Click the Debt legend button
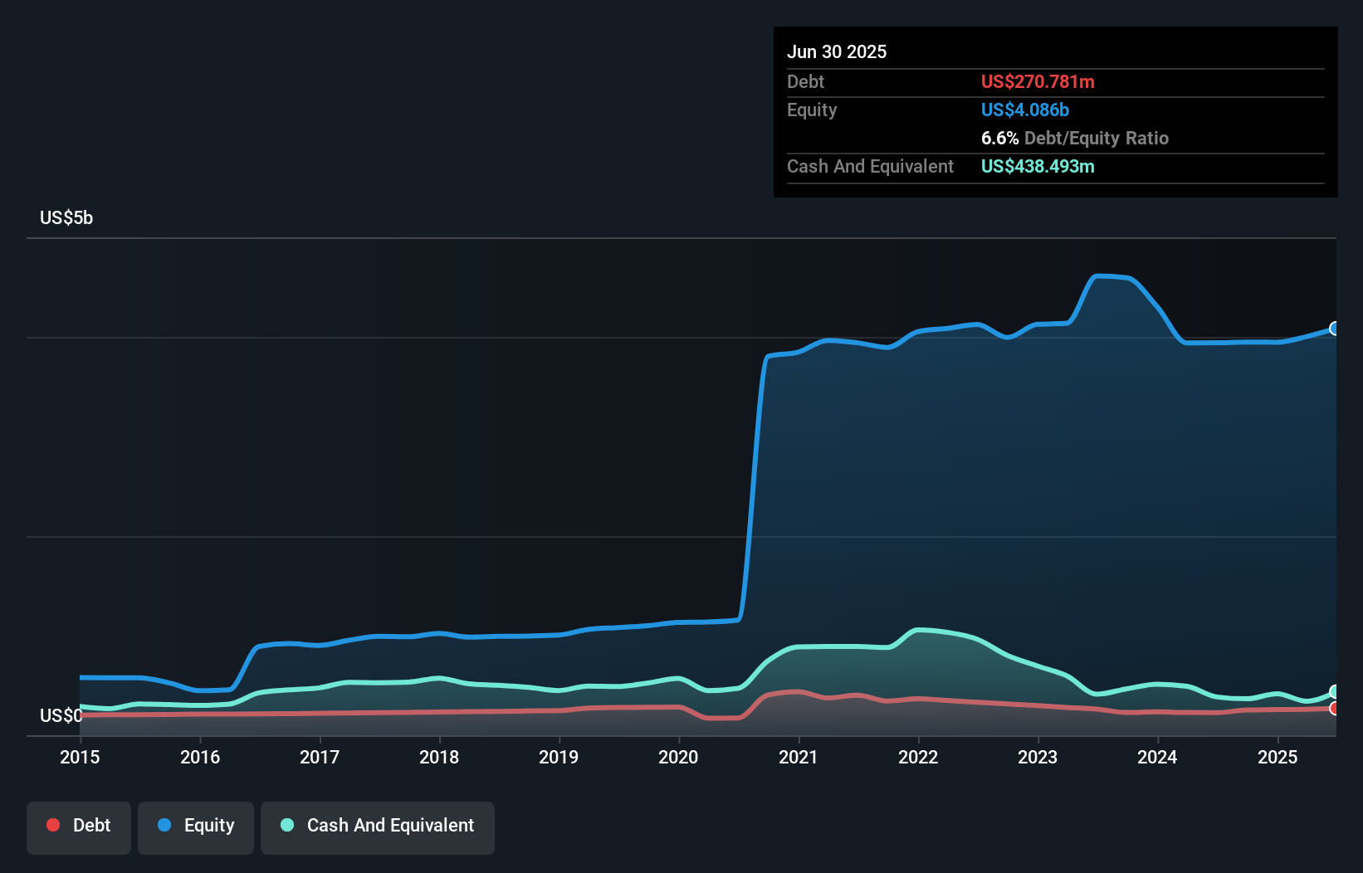pos(79,827)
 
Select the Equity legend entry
pos(196,827)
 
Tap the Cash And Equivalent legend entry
pos(378,827)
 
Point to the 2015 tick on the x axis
pos(80,757)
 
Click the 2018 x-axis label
pos(439,757)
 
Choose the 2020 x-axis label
pos(678,757)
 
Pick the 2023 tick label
pos(1038,757)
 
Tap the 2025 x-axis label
pos(1278,757)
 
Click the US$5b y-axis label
pos(66,217)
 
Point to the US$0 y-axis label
pos(61,715)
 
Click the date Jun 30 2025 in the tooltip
pos(837,51)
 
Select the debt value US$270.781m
pos(1038,81)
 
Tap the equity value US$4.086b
pos(1025,110)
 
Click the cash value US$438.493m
pos(1038,166)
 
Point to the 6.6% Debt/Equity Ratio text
pos(1074,138)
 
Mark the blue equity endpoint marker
pos(1335,329)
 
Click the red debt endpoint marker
pos(1335,708)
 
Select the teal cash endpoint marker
pos(1335,691)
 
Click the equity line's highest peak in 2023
pos(1098,276)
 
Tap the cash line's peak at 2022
pos(918,630)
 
